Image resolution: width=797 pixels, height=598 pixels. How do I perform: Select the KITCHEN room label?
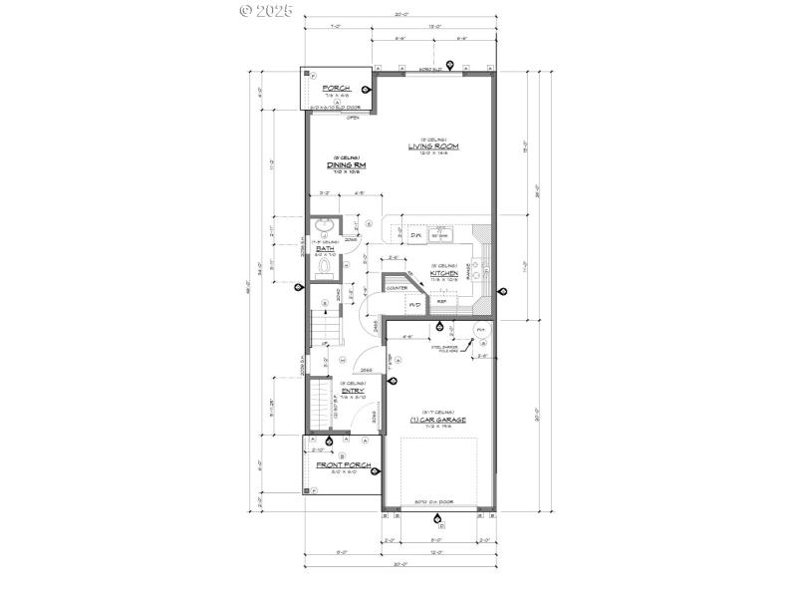444,272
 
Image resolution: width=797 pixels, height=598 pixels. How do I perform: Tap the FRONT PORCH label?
344,465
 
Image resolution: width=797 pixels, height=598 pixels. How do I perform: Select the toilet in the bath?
325,266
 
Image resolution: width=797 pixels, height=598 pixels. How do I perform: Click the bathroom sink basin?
324,226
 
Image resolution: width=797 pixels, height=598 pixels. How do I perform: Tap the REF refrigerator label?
441,300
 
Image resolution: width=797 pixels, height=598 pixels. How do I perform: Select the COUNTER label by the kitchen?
397,288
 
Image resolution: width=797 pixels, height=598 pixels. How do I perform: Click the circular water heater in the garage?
481,330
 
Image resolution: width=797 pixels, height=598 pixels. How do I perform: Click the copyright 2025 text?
267,11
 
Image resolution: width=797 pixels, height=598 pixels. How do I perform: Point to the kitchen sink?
453,235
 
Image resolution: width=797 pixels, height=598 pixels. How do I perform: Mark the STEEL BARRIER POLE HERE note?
444,349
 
